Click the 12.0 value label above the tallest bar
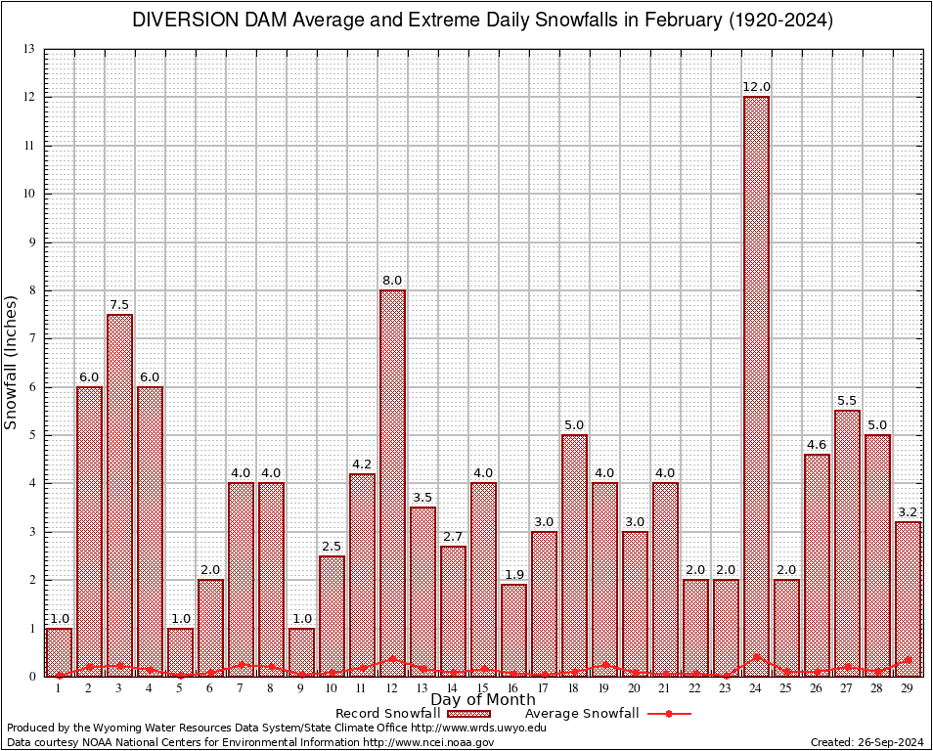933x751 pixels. point(756,87)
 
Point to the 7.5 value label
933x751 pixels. point(119,304)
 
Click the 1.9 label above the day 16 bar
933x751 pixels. point(513,574)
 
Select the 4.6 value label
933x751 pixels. point(817,445)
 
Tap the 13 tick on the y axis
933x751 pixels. point(29,49)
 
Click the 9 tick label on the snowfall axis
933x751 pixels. point(32,242)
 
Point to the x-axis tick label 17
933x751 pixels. point(544,688)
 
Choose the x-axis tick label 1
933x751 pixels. point(59,688)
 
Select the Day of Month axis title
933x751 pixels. point(482,699)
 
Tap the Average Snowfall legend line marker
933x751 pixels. point(668,714)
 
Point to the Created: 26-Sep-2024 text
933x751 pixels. point(867,742)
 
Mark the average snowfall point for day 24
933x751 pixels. point(756,657)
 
